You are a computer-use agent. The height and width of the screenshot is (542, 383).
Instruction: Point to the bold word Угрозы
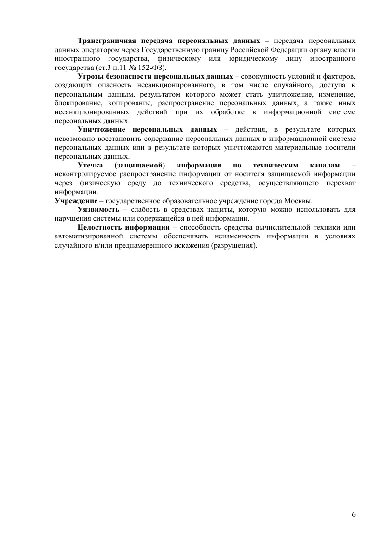pos(90,77)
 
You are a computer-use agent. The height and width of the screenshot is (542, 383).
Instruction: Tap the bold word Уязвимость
pos(98,210)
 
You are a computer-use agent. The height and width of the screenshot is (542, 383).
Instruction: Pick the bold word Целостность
pos(99,228)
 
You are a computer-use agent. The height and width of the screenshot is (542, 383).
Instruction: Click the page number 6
pos(354,515)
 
